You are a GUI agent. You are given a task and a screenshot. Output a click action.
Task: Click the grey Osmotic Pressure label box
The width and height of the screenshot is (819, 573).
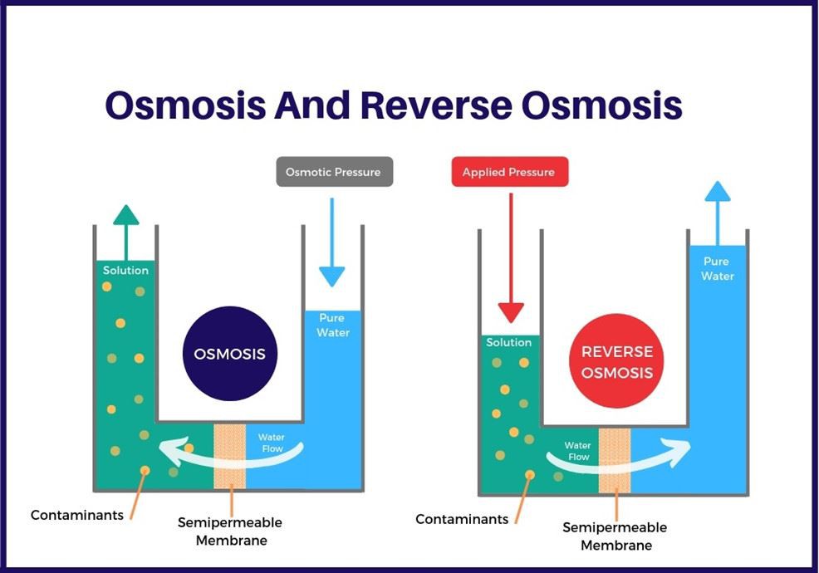(334, 172)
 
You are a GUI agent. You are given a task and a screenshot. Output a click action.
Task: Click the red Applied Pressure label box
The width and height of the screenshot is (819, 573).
(509, 172)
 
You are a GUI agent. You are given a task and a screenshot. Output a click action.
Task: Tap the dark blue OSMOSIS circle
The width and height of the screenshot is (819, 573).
(229, 354)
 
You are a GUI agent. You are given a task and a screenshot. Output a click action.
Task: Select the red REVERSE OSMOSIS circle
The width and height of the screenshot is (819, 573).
(616, 362)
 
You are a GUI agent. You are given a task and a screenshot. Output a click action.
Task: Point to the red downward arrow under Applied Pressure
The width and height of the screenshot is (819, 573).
(511, 257)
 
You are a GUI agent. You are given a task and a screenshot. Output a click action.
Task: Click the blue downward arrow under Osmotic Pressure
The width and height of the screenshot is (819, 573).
(331, 242)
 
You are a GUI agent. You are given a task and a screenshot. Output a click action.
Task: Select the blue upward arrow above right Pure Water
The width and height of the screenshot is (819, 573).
(717, 212)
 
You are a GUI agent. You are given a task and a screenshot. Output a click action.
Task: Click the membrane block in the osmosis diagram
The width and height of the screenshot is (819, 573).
(230, 455)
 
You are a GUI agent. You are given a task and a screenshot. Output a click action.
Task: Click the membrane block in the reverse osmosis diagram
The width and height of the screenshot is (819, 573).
(615, 461)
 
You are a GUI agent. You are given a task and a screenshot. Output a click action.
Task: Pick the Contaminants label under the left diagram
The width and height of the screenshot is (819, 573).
(77, 515)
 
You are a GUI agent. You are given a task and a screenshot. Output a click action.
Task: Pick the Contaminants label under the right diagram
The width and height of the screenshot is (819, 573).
(462, 519)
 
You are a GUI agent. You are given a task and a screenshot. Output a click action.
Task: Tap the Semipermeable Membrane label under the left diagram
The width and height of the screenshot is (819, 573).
(230, 531)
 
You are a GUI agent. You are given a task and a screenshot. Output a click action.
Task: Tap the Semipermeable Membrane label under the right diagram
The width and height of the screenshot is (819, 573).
(615, 536)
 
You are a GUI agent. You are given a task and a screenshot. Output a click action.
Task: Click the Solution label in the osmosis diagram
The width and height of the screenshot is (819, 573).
(125, 270)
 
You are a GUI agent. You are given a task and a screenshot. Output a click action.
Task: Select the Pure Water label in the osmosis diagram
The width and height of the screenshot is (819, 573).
(333, 325)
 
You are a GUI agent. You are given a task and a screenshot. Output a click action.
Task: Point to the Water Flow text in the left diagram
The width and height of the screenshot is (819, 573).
(271, 443)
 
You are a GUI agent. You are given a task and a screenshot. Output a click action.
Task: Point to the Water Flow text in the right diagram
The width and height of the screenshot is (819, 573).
(577, 451)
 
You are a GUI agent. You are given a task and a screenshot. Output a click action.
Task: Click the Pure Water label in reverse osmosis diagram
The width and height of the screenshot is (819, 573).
(717, 268)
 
